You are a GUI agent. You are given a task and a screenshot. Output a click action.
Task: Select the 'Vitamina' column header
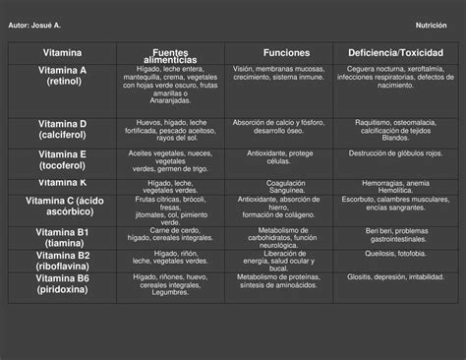(x=62, y=52)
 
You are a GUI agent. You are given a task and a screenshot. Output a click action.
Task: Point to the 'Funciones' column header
(x=287, y=52)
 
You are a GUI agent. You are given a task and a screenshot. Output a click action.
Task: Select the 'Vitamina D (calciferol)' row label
(x=63, y=128)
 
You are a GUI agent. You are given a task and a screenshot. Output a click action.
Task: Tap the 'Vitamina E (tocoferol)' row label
(x=63, y=159)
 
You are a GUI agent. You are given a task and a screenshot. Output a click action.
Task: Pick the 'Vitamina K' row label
(x=63, y=182)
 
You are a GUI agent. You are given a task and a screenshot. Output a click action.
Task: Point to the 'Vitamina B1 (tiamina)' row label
(x=63, y=236)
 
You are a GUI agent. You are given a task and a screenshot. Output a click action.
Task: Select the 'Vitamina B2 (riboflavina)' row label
(x=63, y=260)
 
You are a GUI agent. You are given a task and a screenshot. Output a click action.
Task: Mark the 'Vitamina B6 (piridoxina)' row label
(x=63, y=283)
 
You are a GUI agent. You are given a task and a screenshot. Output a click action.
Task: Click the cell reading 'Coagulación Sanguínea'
(x=285, y=187)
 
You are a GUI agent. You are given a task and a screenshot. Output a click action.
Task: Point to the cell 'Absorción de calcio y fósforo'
(x=285, y=122)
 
